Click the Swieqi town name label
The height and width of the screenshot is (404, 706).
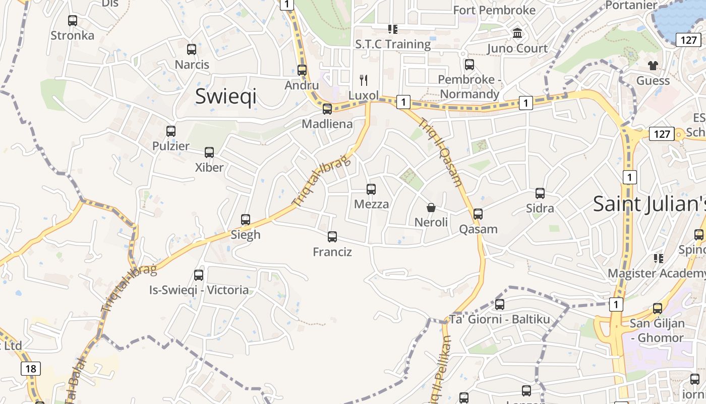pos(225,96)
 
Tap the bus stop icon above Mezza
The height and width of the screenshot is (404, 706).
pos(371,189)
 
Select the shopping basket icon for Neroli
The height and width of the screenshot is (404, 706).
pos(431,208)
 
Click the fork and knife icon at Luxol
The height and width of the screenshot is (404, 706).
pos(364,80)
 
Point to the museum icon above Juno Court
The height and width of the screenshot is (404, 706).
pos(517,33)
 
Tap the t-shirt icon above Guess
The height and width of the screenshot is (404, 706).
pos(653,65)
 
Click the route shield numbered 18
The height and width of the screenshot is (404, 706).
pos(31,369)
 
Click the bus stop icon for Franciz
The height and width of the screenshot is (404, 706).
pos(332,236)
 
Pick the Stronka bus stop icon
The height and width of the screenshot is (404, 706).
pos(73,21)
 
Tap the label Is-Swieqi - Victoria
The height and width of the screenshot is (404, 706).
pos(199,290)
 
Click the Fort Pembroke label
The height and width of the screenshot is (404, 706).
pos(494,10)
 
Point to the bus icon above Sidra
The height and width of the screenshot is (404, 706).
pos(540,193)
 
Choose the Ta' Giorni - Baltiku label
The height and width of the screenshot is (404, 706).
pos(499,319)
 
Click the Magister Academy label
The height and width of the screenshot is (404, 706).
pos(656,273)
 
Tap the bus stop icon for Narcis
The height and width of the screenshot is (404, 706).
pos(192,49)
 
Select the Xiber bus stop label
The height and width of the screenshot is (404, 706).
pos(209,167)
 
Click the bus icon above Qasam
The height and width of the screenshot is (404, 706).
pos(478,214)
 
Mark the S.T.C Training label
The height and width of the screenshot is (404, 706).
pos(393,44)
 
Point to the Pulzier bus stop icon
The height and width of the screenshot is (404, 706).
pos(171,131)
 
